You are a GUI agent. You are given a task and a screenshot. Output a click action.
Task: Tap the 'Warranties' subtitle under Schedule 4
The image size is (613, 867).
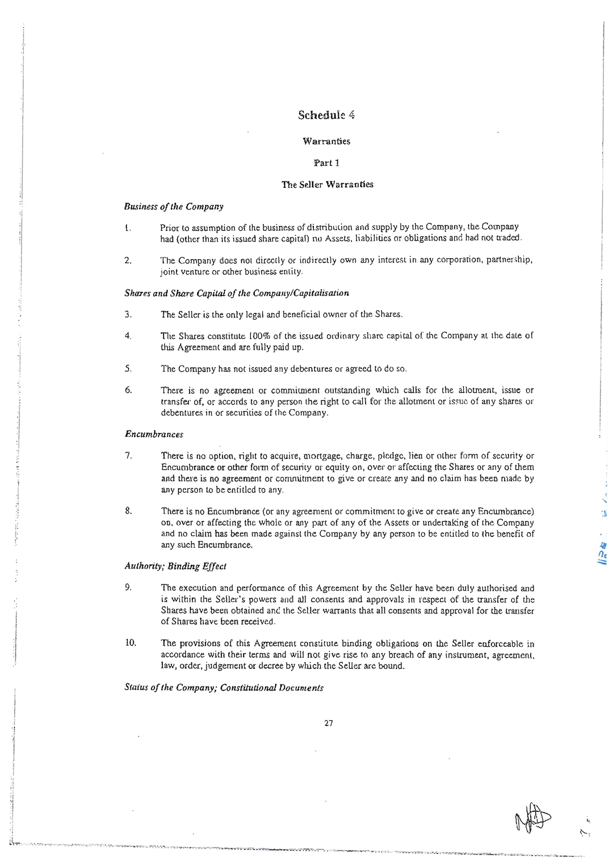[x=326, y=141]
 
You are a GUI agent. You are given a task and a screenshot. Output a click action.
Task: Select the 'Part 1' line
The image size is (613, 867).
[x=326, y=163]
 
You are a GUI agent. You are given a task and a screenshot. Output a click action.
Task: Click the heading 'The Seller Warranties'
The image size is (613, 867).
[x=328, y=184]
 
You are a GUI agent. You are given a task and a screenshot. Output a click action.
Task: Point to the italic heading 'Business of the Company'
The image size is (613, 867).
[x=174, y=207]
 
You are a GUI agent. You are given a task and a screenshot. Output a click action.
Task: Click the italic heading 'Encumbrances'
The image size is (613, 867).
[x=154, y=434]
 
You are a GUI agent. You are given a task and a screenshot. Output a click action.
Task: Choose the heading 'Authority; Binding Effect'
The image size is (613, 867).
[x=175, y=566]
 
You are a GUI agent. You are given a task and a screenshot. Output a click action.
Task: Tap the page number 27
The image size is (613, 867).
[x=329, y=723]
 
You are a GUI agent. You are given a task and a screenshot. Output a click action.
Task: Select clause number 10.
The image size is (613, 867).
[x=131, y=643]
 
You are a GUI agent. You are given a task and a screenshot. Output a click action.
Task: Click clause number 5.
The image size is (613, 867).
[x=128, y=368]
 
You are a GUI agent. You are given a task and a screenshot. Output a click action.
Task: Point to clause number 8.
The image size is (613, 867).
[x=128, y=511]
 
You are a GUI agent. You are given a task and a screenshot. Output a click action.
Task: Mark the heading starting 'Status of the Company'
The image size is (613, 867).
[x=224, y=688]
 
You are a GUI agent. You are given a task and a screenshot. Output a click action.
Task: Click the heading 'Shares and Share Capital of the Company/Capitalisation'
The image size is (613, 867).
[x=236, y=293]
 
